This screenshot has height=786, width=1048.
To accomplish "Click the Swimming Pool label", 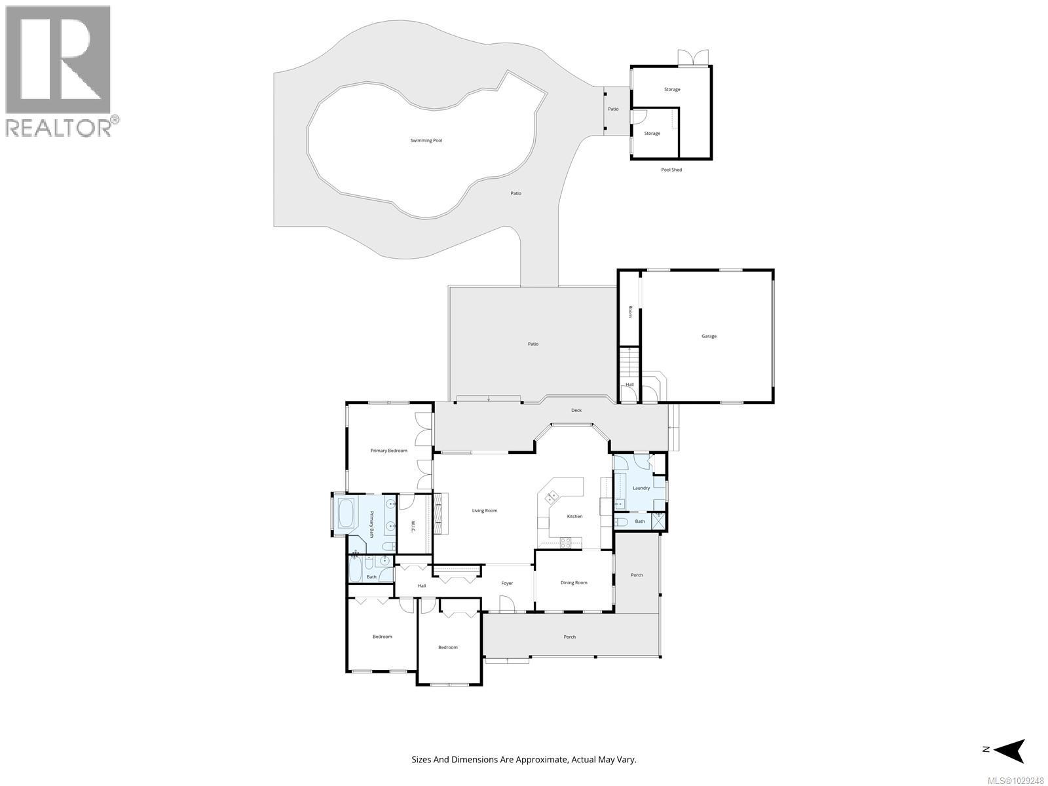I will click(426, 140).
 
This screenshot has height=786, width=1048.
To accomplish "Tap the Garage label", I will click(709, 336).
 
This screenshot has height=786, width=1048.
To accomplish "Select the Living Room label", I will click(485, 510).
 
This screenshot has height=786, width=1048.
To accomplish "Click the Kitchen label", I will click(574, 516).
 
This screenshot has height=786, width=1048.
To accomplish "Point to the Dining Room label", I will click(574, 582).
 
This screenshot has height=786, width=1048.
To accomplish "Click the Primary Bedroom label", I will click(388, 451).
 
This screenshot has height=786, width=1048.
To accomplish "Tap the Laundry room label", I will click(641, 488).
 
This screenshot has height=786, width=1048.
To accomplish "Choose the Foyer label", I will click(507, 583).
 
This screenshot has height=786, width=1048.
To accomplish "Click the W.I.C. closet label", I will click(413, 526).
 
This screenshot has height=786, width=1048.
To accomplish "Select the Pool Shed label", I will click(671, 170).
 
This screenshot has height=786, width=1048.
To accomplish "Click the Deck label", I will click(576, 410).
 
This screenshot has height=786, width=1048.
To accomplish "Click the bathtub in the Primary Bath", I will click(345, 514).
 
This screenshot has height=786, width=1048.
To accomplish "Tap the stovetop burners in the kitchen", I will click(566, 542).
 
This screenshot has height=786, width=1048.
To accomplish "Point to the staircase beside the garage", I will click(629, 361).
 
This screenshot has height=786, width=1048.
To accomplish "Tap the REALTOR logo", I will click(59, 70).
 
